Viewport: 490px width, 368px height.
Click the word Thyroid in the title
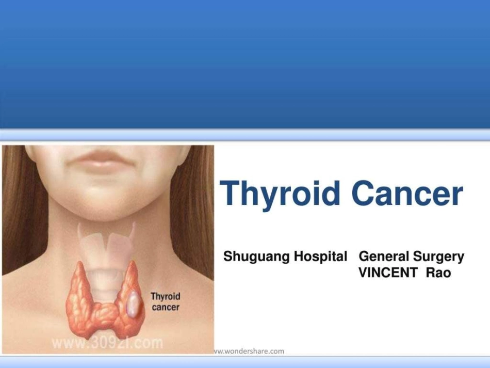281,194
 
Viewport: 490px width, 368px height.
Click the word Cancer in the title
407,194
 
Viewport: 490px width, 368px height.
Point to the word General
382,257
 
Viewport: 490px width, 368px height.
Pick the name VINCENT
388,273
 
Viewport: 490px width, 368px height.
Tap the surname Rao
438,273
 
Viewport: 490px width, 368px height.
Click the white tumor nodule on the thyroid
133,304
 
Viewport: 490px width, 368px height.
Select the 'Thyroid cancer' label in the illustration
165,301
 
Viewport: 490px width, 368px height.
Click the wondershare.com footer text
250,351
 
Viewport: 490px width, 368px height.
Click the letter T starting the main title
231,194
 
